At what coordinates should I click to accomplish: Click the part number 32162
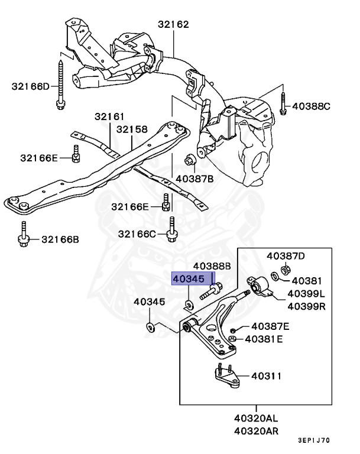click(173, 25)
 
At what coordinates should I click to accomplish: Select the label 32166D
click(31, 86)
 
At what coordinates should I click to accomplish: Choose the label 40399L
click(306, 294)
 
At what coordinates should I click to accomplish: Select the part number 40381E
click(264, 339)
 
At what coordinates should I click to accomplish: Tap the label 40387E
click(270, 326)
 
